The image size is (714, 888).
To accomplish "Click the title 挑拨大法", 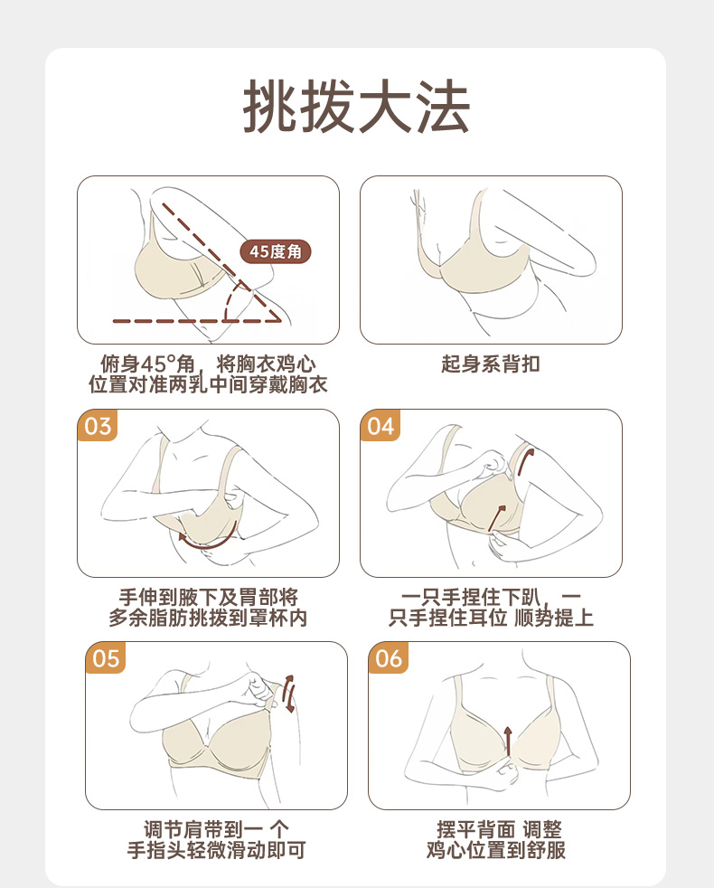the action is [357, 106].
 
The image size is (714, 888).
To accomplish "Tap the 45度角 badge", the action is [276, 251].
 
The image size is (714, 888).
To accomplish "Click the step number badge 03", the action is [98, 425].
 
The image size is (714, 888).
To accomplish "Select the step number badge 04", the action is [380, 425].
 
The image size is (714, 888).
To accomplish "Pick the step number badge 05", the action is [106, 658].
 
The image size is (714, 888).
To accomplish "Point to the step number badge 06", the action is [389, 658].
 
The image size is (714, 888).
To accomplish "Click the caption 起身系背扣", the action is [491, 364].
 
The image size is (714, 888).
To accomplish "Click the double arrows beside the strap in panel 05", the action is [289, 694].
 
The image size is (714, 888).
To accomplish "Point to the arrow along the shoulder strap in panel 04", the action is [524, 459].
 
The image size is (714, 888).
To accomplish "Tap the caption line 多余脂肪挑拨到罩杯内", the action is [208, 618].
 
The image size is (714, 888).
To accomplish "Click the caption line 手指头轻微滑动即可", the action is [216, 850].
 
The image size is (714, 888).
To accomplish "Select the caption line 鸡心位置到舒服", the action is [496, 850].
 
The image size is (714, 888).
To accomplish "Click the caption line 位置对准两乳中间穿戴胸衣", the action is [208, 384].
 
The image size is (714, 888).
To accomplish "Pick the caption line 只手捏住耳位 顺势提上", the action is [491, 618].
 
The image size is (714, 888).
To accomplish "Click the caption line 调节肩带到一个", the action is [216, 829].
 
